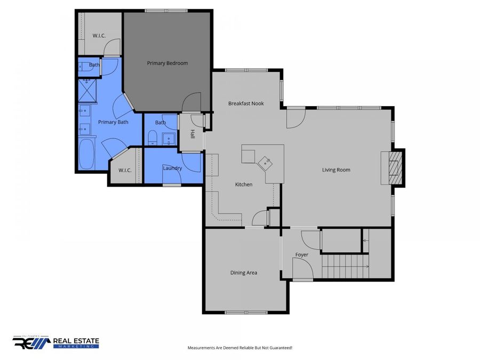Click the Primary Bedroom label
click(x=167, y=63)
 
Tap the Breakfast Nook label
click(x=246, y=103)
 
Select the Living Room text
click(x=336, y=170)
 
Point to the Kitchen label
click(x=244, y=185)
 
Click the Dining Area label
click(x=244, y=273)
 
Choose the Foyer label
click(x=302, y=255)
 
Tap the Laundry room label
click(x=172, y=169)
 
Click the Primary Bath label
click(x=113, y=122)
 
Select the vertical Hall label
click(x=193, y=136)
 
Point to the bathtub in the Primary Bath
click(x=86, y=154)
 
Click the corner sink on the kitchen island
click(x=265, y=162)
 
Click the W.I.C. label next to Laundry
click(x=125, y=170)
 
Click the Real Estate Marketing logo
click(x=56, y=342)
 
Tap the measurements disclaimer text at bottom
click(x=239, y=348)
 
